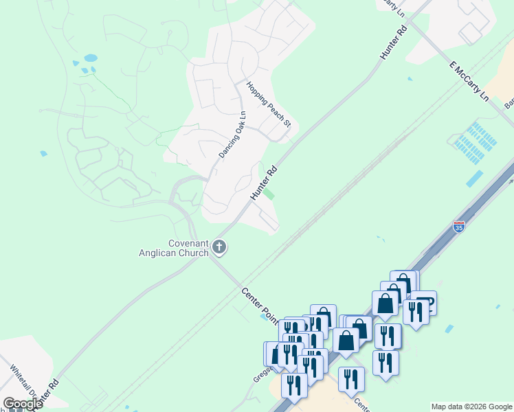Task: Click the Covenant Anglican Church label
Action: [x=188, y=248]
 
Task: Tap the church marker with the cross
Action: [x=219, y=247]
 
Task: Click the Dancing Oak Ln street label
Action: [x=232, y=135]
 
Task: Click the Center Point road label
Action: [x=258, y=306]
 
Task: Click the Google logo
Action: [x=22, y=404]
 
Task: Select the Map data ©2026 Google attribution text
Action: [x=471, y=407]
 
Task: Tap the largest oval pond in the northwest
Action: [x=90, y=58]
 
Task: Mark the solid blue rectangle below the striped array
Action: [x=474, y=179]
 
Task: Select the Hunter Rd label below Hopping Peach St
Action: [x=263, y=182]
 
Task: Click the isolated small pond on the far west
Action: [x=44, y=154]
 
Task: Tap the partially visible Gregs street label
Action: [x=260, y=374]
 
